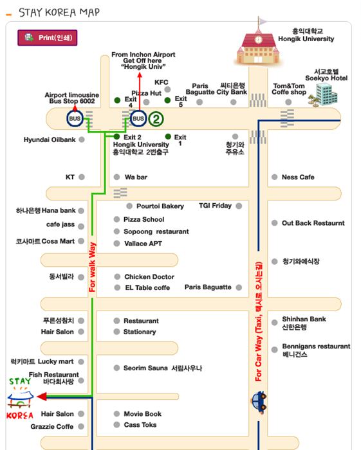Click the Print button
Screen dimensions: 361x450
pyautogui.click(x=48, y=37)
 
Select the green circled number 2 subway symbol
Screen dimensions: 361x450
pyautogui.click(x=156, y=119)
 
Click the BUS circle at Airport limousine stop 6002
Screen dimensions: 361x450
pyautogui.click(x=75, y=118)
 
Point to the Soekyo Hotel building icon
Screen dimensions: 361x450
pyautogui.click(x=324, y=94)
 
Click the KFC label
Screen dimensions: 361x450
pyautogui.click(x=161, y=82)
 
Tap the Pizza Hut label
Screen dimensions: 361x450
pyautogui.click(x=146, y=93)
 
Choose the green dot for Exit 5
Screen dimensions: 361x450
pyautogui.click(x=167, y=100)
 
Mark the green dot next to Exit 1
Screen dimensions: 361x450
pyautogui.click(x=168, y=136)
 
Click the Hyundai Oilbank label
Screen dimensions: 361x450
pyautogui.click(x=50, y=139)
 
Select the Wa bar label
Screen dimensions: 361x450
pyautogui.click(x=136, y=177)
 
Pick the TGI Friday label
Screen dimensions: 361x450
pyautogui.click(x=215, y=206)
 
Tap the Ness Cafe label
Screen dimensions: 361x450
pyautogui.click(x=298, y=177)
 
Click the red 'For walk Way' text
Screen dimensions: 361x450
pyautogui.click(x=92, y=267)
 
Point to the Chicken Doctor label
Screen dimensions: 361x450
pyautogui.click(x=149, y=276)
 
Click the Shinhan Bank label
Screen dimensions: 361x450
pyautogui.click(x=304, y=319)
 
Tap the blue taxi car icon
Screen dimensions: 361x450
pyautogui.click(x=259, y=401)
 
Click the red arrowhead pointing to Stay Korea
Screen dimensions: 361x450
pyautogui.click(x=42, y=397)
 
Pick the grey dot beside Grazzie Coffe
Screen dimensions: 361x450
pyautogui.click(x=81, y=426)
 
